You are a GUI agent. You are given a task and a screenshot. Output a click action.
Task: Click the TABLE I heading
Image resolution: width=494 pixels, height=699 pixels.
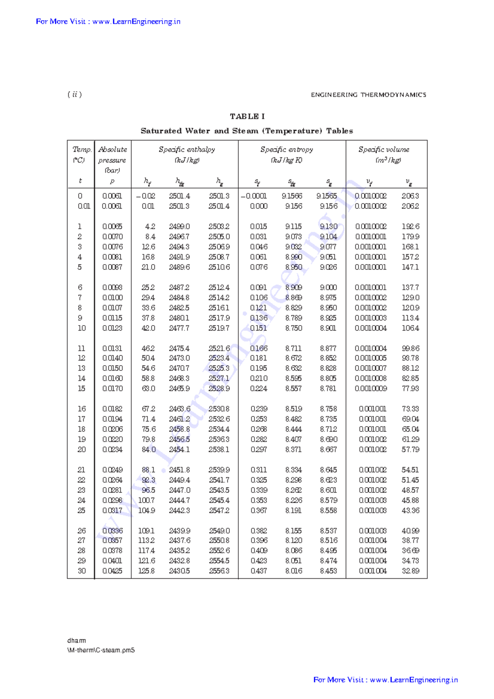[247, 116]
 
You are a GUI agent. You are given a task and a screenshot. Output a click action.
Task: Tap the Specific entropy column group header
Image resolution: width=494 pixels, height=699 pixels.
[287, 150]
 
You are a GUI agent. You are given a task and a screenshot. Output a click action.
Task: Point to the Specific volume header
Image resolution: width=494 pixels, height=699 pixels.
[384, 150]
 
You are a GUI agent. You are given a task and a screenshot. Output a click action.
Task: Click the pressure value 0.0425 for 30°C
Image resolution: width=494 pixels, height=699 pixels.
[112, 571]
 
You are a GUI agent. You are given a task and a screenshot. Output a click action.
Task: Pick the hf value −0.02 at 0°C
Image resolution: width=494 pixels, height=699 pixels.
[146, 196]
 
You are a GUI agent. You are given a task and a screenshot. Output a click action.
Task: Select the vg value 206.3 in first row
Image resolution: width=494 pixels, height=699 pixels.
[410, 196]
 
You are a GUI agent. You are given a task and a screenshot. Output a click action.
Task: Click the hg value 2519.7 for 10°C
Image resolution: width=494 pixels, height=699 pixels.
[219, 328]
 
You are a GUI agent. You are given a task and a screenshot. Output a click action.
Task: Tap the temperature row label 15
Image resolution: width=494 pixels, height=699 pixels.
[82, 389]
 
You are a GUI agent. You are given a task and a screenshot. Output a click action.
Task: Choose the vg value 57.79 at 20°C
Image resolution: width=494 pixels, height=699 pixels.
[410, 450]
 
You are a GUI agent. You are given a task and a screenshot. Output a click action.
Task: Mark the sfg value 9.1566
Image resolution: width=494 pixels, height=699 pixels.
[292, 196]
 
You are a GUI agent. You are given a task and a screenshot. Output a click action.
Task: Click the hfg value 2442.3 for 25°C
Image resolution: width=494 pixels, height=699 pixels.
[179, 510]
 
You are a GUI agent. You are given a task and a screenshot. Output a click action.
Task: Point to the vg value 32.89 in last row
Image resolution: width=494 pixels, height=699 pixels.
[410, 571]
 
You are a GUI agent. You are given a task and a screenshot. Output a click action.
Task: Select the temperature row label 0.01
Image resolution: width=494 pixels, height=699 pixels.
[84, 206]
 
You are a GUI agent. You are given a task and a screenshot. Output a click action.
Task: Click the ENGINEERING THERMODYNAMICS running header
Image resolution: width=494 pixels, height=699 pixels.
[368, 95]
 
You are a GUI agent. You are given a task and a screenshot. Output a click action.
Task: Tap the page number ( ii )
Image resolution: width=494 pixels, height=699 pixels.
[75, 95]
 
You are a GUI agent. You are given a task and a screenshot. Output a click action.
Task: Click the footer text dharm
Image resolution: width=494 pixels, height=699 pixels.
[77, 641]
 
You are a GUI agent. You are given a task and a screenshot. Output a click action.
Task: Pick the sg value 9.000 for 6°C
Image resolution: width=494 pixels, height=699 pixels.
[328, 288]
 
